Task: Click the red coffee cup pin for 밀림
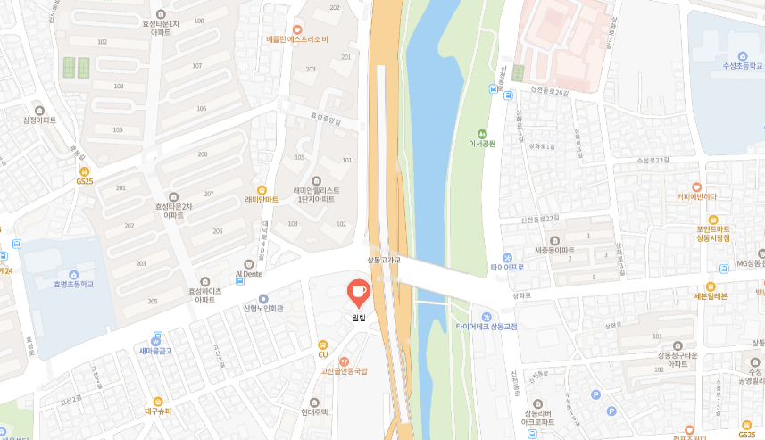pos(358,292)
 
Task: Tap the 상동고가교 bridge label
pos(385,260)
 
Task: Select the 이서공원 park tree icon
pos(482,132)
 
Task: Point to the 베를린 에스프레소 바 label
pos(297,39)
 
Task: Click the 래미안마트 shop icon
pos(262,189)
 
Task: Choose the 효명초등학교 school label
pos(73,284)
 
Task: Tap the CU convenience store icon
pos(323,344)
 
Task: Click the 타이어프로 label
pos(507,267)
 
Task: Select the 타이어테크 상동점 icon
pos(486,316)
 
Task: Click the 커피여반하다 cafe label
pos(696,196)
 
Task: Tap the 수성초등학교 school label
pos(743,65)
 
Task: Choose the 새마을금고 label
pos(155,351)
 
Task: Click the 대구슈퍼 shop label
pos(157,411)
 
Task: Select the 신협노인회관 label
pos(262,309)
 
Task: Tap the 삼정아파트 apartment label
pos(39,120)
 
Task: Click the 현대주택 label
pos(314,411)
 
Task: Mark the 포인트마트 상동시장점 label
pos(713,233)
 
